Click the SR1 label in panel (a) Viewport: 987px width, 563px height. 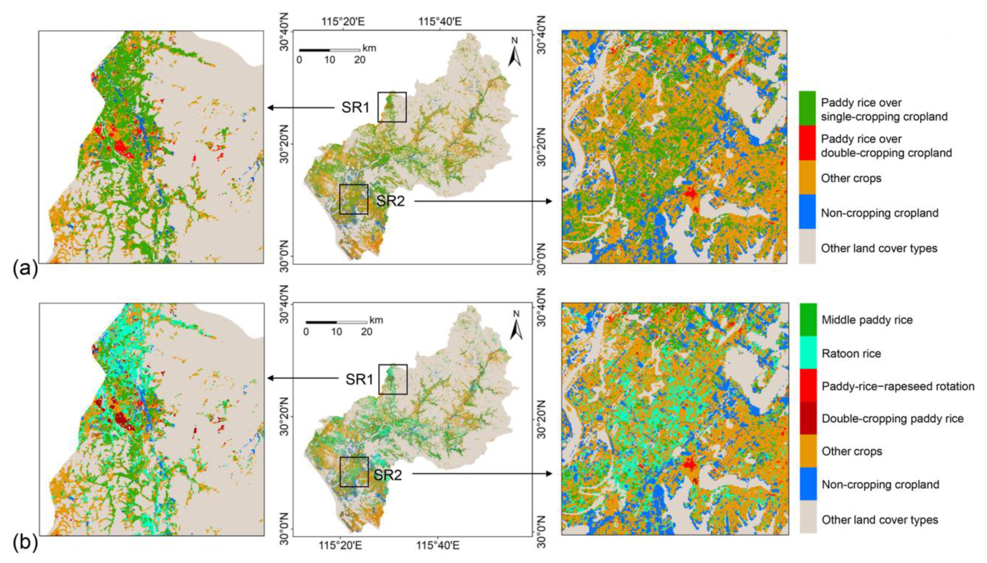pos(355,107)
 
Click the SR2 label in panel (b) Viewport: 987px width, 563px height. pos(387,474)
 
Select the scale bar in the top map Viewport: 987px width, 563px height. pos(329,50)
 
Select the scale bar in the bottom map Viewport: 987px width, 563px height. pos(336,322)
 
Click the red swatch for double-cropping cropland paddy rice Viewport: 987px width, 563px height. pos(807,143)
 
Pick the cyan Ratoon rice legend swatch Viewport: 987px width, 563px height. pos(808,352)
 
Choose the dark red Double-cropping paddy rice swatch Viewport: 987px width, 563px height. pos(808,418)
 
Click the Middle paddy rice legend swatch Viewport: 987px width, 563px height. pos(808,320)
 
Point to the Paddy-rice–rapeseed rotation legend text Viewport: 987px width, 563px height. pos(898,386)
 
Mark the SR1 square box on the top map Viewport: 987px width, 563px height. pos(392,107)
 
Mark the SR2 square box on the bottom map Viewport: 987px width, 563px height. pos(354,472)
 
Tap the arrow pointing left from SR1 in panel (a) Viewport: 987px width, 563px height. pos(301,107)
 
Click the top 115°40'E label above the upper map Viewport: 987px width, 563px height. pos(440,21)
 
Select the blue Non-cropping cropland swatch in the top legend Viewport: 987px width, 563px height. pos(807,212)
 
